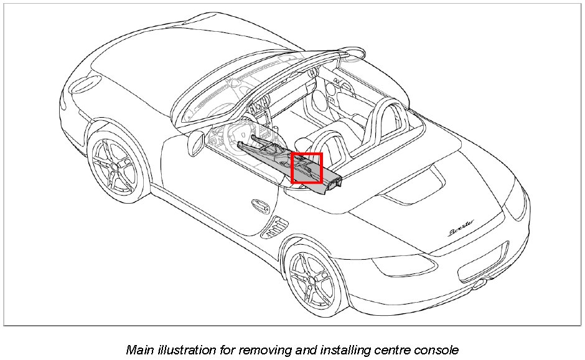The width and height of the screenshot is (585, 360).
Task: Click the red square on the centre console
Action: click(307, 168)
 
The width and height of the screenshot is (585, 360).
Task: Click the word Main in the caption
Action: click(139, 349)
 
